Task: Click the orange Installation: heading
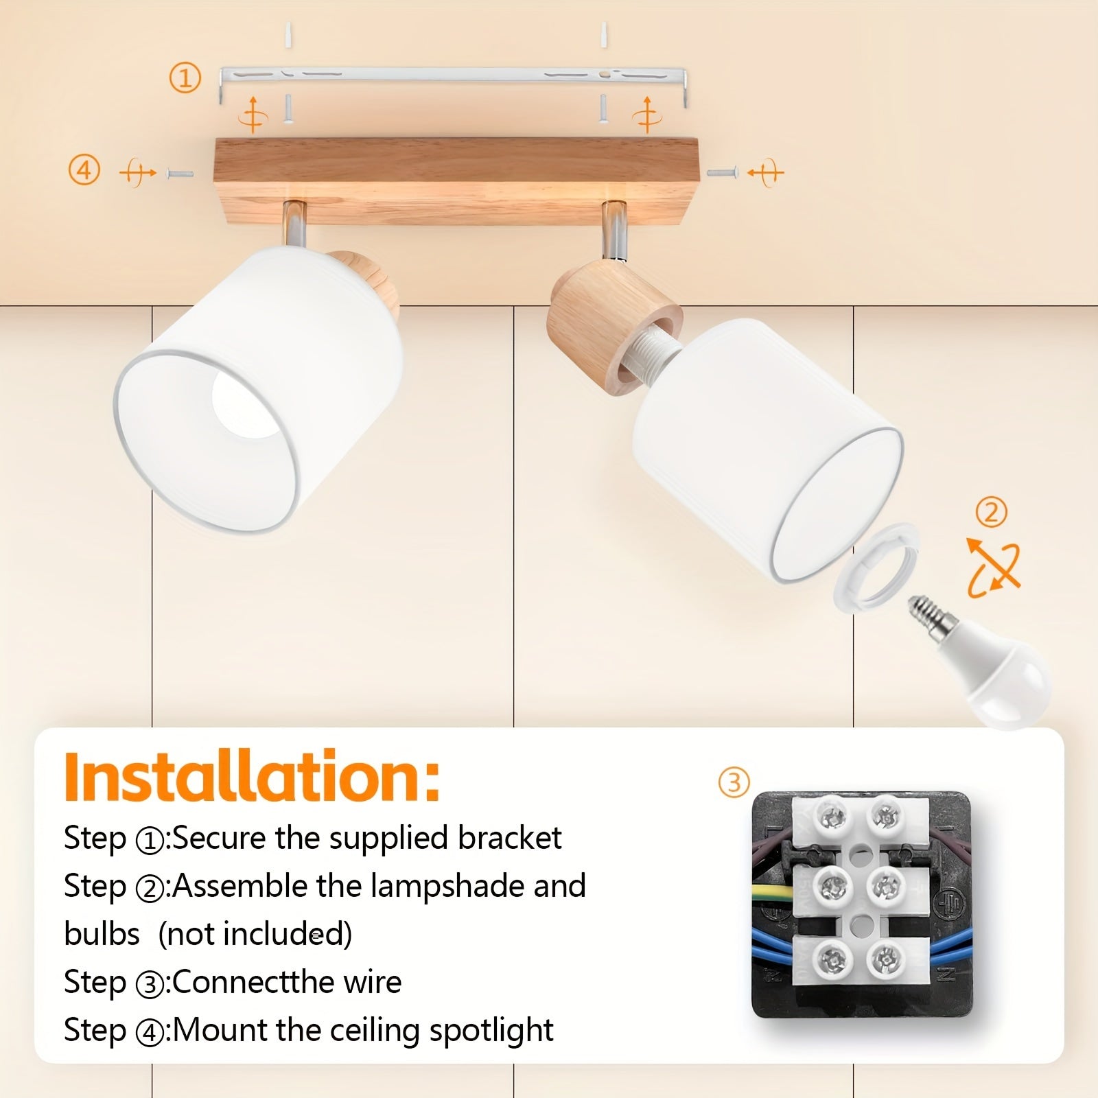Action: (x=251, y=778)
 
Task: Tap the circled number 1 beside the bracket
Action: (x=185, y=78)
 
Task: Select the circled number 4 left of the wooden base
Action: (x=84, y=170)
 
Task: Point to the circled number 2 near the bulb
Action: (x=991, y=512)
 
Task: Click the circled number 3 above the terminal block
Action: (x=734, y=782)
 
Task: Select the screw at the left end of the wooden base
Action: (x=180, y=174)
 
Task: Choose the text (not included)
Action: (x=255, y=934)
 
